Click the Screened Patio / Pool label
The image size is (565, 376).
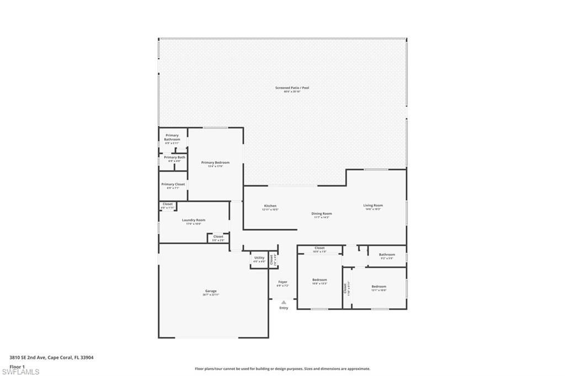click(x=292, y=88)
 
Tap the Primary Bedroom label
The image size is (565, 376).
click(x=215, y=163)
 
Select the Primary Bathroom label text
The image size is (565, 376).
click(x=172, y=137)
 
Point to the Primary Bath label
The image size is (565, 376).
click(x=174, y=158)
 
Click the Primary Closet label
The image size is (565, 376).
click(x=173, y=184)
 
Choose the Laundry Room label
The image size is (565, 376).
click(x=193, y=220)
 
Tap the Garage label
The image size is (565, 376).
click(x=211, y=291)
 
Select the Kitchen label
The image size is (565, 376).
click(x=270, y=206)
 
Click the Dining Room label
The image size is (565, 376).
click(x=321, y=213)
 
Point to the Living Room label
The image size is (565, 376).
click(x=373, y=206)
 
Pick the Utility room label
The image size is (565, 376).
click(x=259, y=258)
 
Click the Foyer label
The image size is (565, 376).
click(x=282, y=282)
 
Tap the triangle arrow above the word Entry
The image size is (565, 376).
click(x=284, y=302)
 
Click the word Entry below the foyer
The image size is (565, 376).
click(x=284, y=308)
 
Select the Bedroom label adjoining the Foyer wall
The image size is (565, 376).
click(x=319, y=280)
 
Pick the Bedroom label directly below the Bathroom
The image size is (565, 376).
click(x=379, y=287)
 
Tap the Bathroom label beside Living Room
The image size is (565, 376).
click(x=387, y=255)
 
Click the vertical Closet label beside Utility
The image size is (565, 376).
click(x=271, y=259)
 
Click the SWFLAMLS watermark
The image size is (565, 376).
click(x=20, y=372)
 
